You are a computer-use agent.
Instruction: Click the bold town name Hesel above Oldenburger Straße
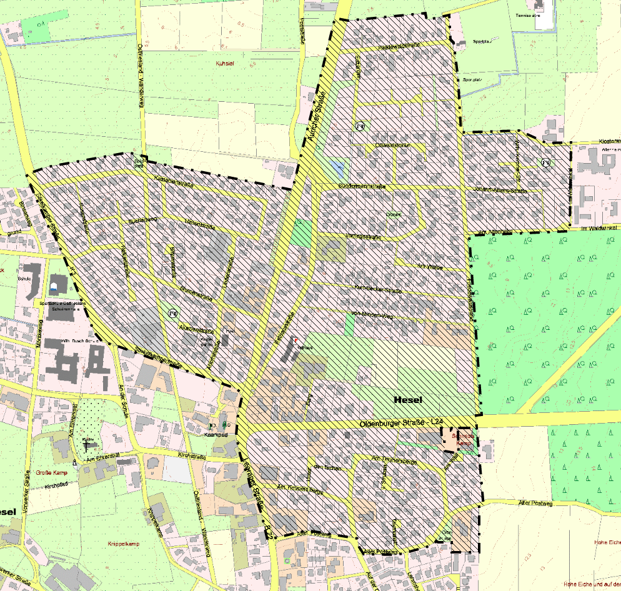(409, 400)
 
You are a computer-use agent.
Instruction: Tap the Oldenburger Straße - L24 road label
(401, 424)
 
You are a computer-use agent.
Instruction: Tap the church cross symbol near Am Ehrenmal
(86, 445)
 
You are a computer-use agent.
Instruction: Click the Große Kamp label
(51, 472)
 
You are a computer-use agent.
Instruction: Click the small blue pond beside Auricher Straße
(338, 168)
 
